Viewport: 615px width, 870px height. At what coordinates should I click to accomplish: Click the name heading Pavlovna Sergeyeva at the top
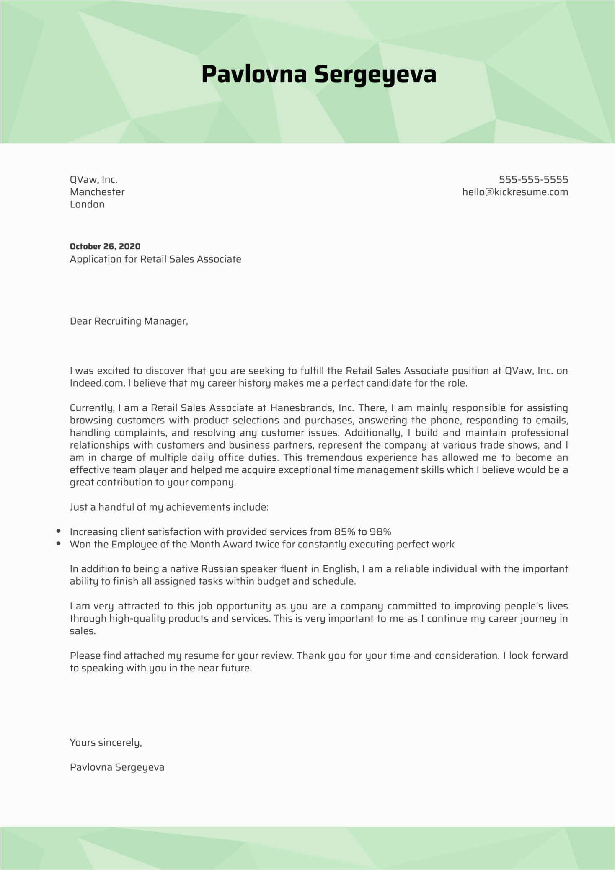(319, 75)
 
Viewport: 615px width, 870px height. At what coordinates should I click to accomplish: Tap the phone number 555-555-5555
(533, 180)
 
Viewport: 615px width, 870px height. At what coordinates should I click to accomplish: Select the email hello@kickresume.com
(515, 192)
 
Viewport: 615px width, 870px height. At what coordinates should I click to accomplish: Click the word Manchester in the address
(97, 192)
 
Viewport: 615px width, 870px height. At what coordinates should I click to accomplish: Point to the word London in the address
(87, 204)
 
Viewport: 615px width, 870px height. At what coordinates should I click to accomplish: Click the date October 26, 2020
(105, 246)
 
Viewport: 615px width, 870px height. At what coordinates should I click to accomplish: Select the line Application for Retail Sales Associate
(155, 259)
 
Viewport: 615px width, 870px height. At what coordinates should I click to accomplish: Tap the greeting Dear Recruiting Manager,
(129, 321)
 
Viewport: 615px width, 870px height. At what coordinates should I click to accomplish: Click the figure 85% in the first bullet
(344, 532)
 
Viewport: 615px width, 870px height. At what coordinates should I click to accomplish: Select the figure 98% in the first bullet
(380, 532)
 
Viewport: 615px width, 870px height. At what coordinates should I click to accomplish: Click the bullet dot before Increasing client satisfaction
(59, 532)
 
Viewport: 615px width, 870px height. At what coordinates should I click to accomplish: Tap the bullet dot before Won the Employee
(59, 544)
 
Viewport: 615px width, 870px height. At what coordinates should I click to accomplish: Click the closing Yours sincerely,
(106, 743)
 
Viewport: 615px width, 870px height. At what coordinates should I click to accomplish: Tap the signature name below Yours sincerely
(117, 767)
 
